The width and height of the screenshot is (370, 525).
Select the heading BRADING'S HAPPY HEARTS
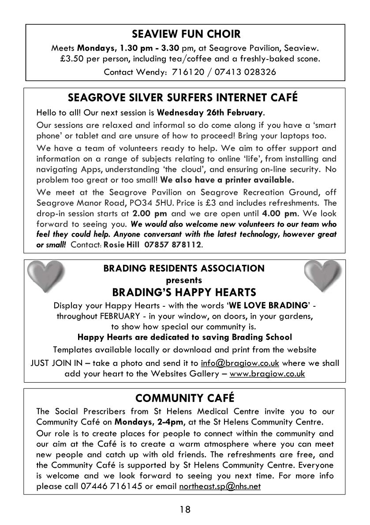(185, 293)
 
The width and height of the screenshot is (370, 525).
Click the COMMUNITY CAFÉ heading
(185, 398)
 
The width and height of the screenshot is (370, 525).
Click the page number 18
(185, 510)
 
